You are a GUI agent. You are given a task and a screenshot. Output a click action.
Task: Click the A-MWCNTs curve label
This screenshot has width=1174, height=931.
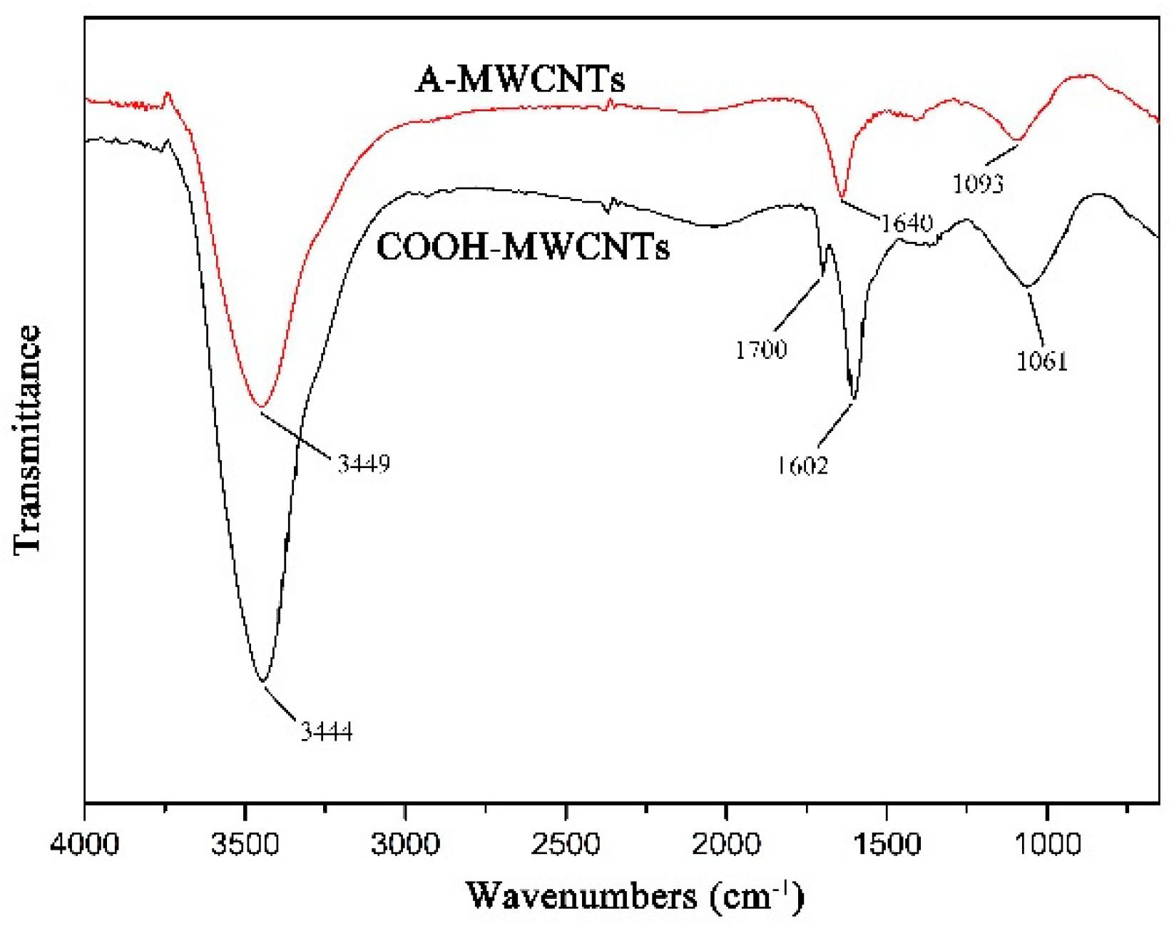(x=520, y=78)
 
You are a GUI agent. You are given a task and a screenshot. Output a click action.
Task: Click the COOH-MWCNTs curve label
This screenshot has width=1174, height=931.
(x=523, y=247)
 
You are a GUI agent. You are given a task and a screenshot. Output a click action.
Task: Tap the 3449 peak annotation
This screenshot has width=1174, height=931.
(x=364, y=464)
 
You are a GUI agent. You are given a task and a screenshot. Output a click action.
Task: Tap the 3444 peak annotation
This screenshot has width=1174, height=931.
(x=326, y=732)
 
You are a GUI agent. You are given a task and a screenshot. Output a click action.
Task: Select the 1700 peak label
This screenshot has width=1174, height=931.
(x=761, y=350)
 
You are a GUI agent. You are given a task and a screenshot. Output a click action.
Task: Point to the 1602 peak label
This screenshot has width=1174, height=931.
(x=802, y=466)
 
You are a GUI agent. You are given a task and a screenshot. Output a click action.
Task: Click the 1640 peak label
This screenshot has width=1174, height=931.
(x=906, y=223)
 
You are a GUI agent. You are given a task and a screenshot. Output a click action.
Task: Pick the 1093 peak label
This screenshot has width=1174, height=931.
(x=978, y=184)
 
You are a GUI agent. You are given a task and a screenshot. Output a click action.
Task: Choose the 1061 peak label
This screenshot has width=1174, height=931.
(x=1041, y=362)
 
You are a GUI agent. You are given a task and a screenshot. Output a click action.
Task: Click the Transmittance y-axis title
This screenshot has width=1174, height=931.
(x=27, y=439)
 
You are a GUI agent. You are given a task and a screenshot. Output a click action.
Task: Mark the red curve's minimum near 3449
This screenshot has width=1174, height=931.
(x=261, y=407)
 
